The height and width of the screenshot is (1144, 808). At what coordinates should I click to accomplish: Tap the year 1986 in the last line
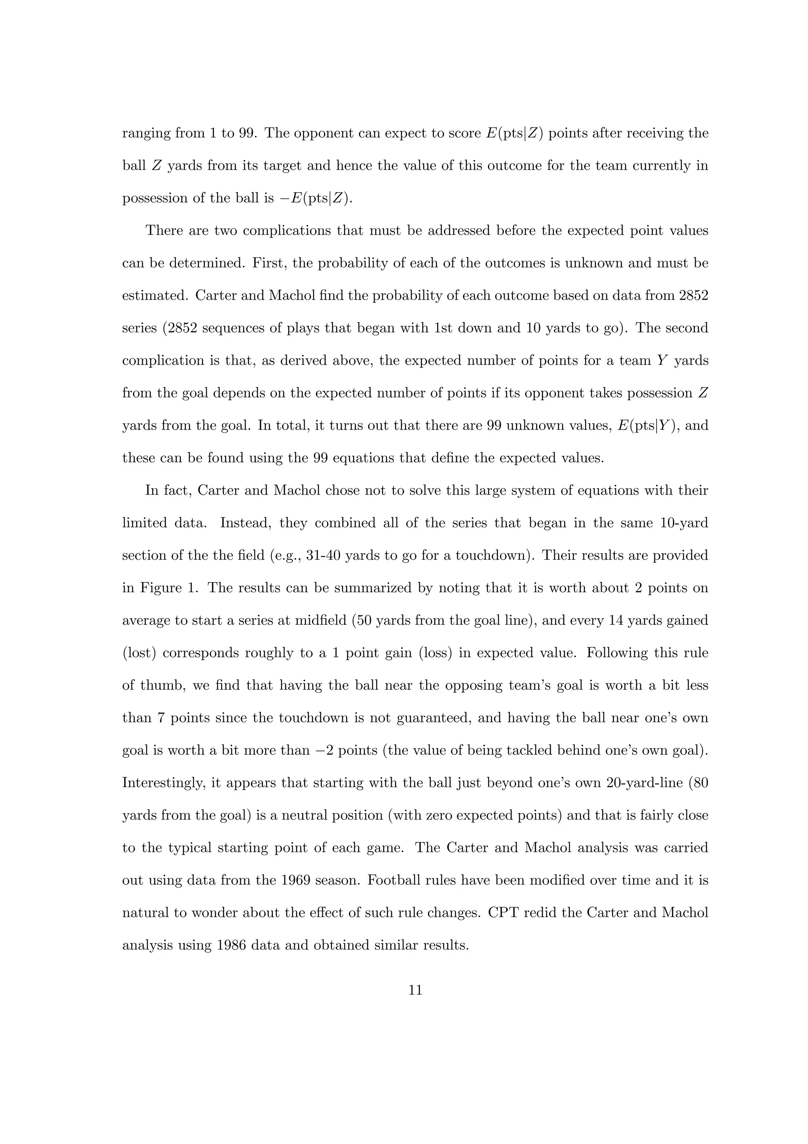[x=232, y=945]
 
